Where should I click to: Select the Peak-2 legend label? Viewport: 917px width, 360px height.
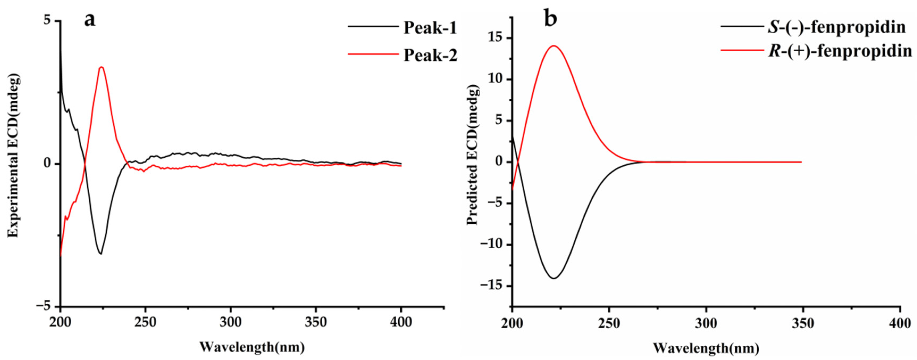coord(430,56)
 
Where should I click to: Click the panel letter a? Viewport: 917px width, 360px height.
coord(90,20)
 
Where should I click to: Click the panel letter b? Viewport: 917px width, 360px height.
coord(551,20)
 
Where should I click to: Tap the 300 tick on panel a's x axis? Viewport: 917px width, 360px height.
coord(231,322)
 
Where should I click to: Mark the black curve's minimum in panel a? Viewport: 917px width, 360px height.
coord(101,254)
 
